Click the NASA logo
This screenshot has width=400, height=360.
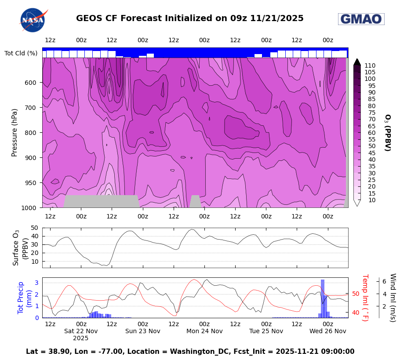point(33,20)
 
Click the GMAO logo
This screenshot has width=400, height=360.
point(361,19)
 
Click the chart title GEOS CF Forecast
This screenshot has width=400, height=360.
point(189,18)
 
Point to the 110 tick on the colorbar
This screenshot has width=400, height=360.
point(370,65)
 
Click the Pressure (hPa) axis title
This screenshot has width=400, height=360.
point(15,132)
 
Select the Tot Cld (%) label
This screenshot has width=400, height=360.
point(21,53)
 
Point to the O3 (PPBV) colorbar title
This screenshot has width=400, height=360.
point(387,132)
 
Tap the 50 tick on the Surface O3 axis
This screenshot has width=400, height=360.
point(34,228)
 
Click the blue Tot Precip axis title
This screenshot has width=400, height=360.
point(20,297)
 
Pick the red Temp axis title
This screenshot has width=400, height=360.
point(364,298)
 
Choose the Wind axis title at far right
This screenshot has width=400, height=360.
point(392,298)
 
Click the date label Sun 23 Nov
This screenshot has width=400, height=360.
point(143,331)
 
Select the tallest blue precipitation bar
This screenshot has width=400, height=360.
point(323,298)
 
